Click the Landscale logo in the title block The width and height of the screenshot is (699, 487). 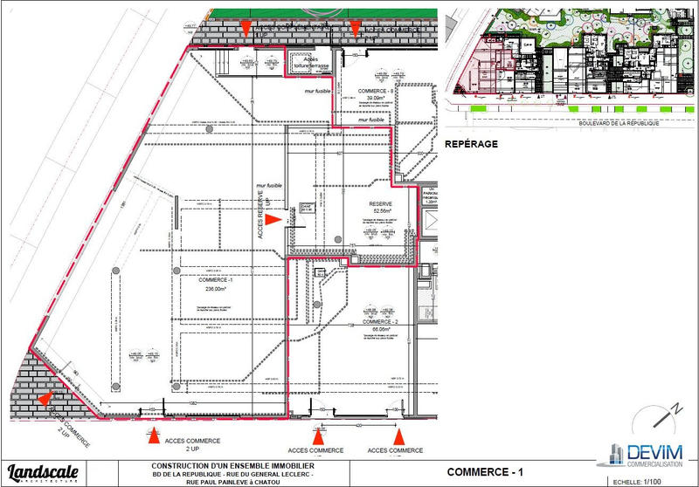tap(44, 471)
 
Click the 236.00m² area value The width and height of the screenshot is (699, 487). tap(217, 289)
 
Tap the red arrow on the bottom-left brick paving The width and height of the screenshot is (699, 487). tap(44, 400)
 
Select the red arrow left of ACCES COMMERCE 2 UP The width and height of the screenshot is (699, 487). tap(154, 434)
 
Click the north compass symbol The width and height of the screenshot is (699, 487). tap(673, 412)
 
